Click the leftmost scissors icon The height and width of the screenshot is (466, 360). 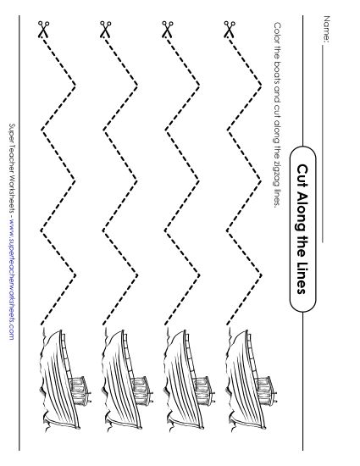[43, 32]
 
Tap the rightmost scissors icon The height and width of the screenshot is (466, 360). [229, 32]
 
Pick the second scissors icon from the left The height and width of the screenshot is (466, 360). [105, 32]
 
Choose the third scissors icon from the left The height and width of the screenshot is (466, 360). [167, 32]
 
